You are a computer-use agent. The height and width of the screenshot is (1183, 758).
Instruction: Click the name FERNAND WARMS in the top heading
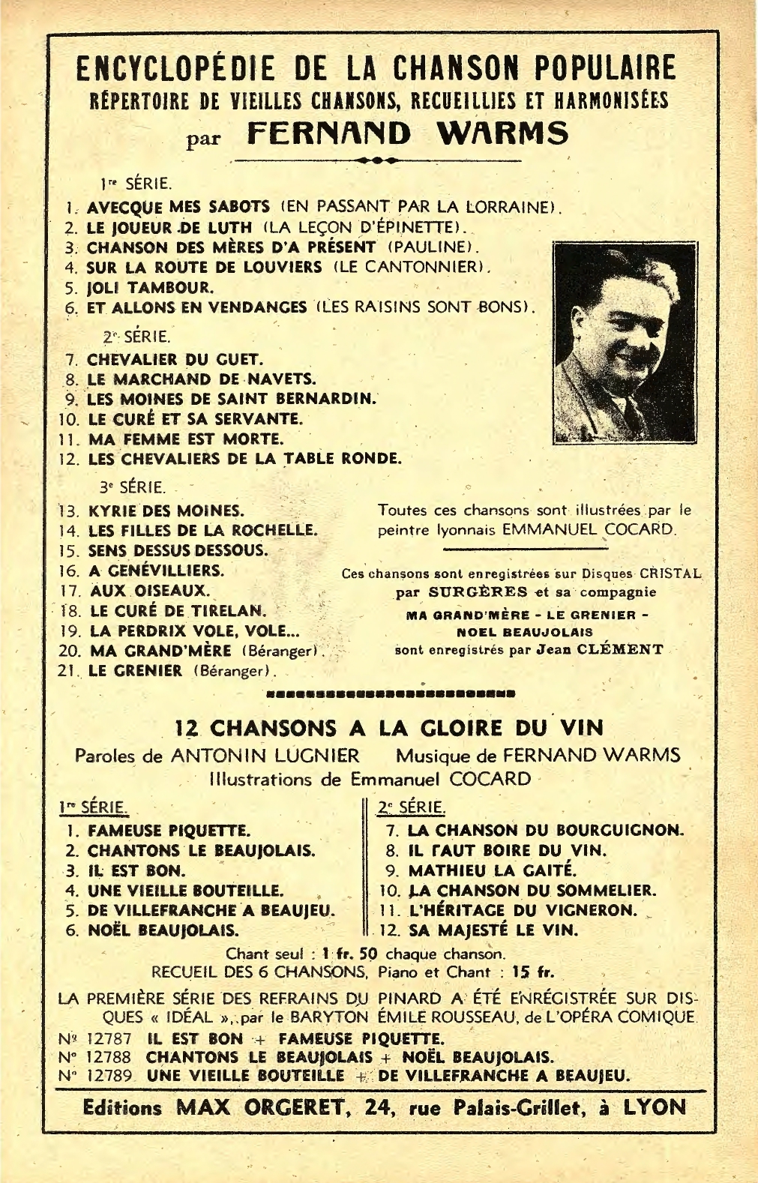[407, 134]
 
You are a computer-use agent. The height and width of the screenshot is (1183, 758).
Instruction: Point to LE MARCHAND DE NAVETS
[202, 379]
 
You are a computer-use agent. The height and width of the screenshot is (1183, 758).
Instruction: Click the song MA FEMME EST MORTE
[186, 438]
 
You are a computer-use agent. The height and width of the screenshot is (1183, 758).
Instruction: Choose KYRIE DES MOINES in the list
[166, 511]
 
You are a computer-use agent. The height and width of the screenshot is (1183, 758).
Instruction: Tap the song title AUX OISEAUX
[149, 590]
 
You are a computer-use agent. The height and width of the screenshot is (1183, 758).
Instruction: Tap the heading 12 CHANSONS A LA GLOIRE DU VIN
[388, 727]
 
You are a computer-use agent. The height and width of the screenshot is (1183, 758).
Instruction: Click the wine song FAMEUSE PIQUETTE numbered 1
[169, 831]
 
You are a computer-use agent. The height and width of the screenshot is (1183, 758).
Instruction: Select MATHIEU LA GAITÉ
[492, 870]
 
